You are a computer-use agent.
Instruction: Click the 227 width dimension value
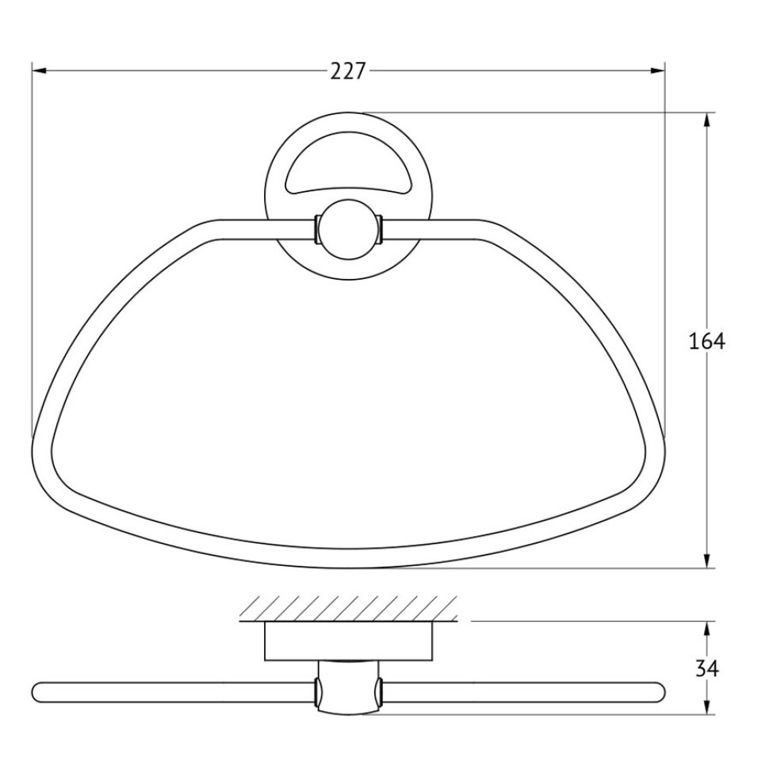point(348,71)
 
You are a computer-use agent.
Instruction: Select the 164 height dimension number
point(706,341)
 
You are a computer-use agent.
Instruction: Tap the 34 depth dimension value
point(707,668)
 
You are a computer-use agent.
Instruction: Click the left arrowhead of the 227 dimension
point(39,71)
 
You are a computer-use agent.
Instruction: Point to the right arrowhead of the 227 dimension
point(657,71)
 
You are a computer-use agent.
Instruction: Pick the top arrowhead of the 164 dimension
point(706,121)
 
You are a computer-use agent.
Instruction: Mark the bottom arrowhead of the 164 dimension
point(706,561)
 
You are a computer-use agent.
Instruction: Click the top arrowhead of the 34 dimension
point(706,629)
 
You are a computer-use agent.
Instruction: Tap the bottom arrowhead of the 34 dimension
point(706,706)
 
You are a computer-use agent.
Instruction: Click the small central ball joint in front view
point(348,231)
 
